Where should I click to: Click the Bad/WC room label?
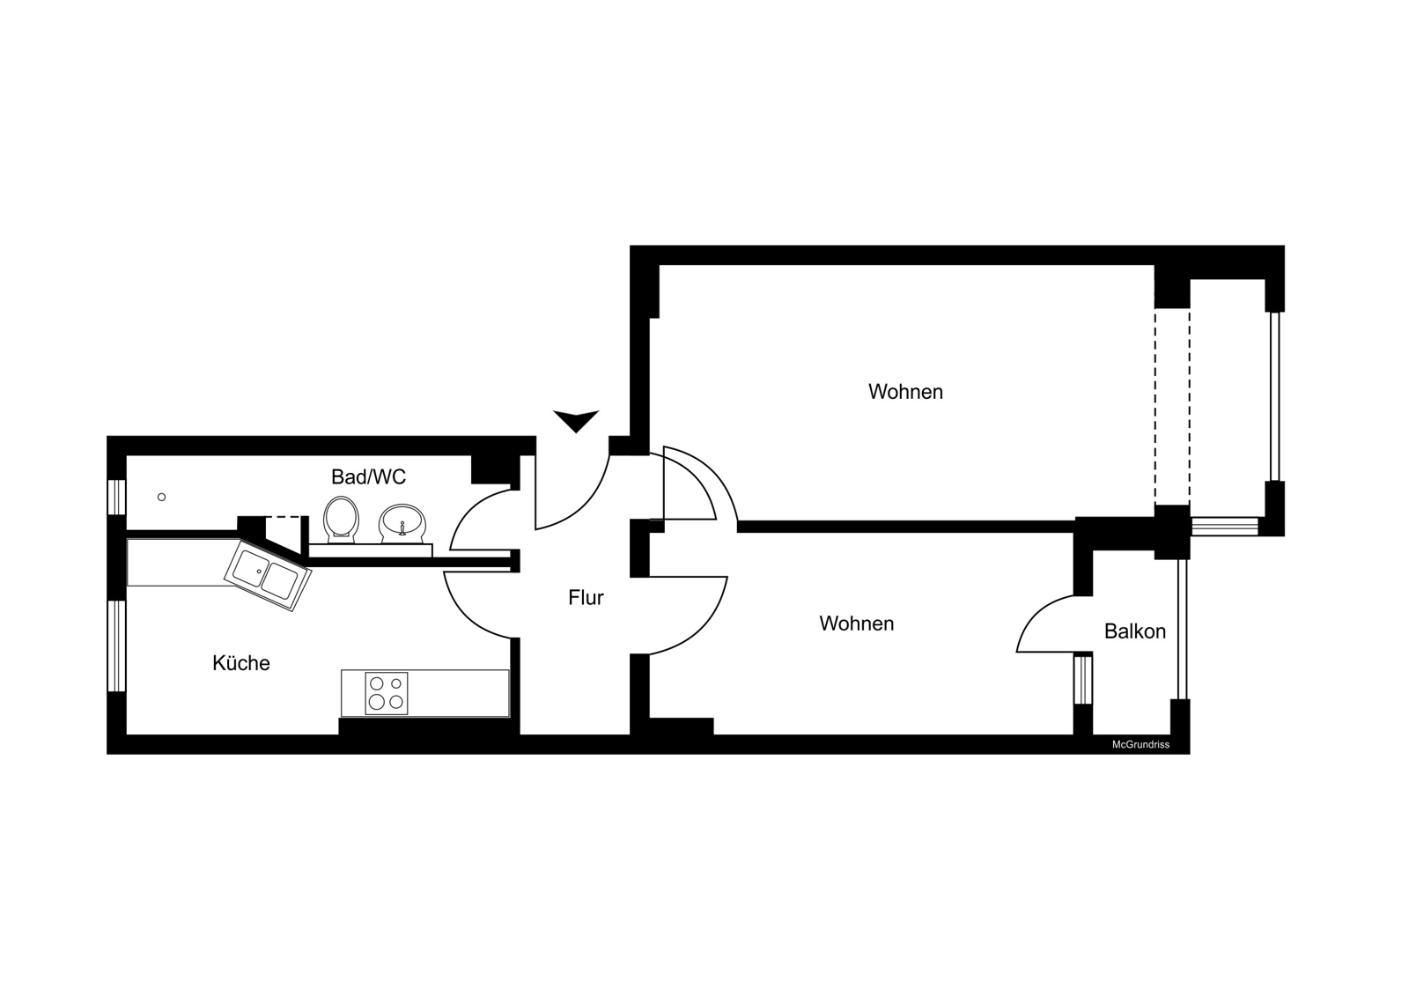coord(369,477)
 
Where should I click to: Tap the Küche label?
coord(241,662)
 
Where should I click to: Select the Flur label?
coord(586,597)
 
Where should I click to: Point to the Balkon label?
coord(1135,631)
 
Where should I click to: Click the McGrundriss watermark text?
coord(1140,744)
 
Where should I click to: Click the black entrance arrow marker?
coord(576,421)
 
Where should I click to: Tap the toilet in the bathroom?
coord(341,519)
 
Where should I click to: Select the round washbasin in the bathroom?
coord(402,522)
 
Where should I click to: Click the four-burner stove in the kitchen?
coord(387,693)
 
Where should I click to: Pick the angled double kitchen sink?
coord(268,575)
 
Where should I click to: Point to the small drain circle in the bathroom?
coord(162,497)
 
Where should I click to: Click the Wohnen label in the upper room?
coord(905,391)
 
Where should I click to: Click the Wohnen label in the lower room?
coord(856,623)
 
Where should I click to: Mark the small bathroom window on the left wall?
coord(117,497)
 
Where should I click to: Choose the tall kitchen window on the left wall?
coord(117,646)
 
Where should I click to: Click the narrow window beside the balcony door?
coord(1082,679)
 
